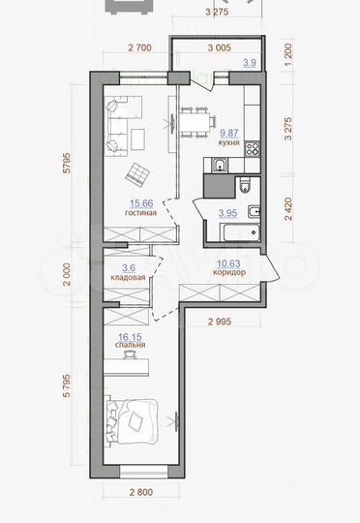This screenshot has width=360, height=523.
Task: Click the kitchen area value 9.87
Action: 229,135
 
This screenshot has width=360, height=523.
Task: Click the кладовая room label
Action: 126,277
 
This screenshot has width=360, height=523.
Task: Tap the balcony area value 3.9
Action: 248,63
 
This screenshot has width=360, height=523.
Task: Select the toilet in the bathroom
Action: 244,185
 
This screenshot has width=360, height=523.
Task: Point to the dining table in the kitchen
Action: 195,123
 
